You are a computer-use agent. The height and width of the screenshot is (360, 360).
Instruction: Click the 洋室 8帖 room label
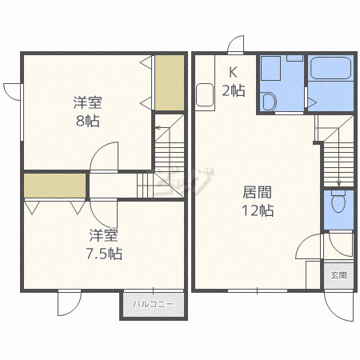(x=88, y=112)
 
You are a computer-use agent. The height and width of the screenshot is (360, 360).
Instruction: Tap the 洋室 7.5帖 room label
(x=104, y=244)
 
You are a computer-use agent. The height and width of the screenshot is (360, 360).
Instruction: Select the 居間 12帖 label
(x=258, y=201)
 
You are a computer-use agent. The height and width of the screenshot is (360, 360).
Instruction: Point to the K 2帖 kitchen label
(x=234, y=82)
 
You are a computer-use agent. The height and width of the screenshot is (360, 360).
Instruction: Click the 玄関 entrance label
(x=338, y=275)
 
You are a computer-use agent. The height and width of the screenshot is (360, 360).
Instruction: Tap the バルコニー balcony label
(x=154, y=304)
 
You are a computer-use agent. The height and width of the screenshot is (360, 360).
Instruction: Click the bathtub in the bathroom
(x=330, y=68)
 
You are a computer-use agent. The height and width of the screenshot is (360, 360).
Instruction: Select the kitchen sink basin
(x=205, y=95)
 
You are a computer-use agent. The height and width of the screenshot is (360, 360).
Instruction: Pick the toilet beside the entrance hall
(x=338, y=202)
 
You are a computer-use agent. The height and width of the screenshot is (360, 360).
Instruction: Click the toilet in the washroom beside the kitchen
(x=269, y=101)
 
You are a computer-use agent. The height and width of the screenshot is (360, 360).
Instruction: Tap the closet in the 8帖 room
(x=170, y=82)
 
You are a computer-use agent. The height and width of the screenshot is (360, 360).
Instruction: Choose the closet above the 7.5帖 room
(x=55, y=186)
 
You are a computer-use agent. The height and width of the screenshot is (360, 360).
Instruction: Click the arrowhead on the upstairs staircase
(x=158, y=128)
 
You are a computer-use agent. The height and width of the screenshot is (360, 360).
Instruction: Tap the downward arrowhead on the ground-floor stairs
(x=338, y=183)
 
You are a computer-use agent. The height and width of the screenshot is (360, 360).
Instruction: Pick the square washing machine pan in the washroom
(x=270, y=68)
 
